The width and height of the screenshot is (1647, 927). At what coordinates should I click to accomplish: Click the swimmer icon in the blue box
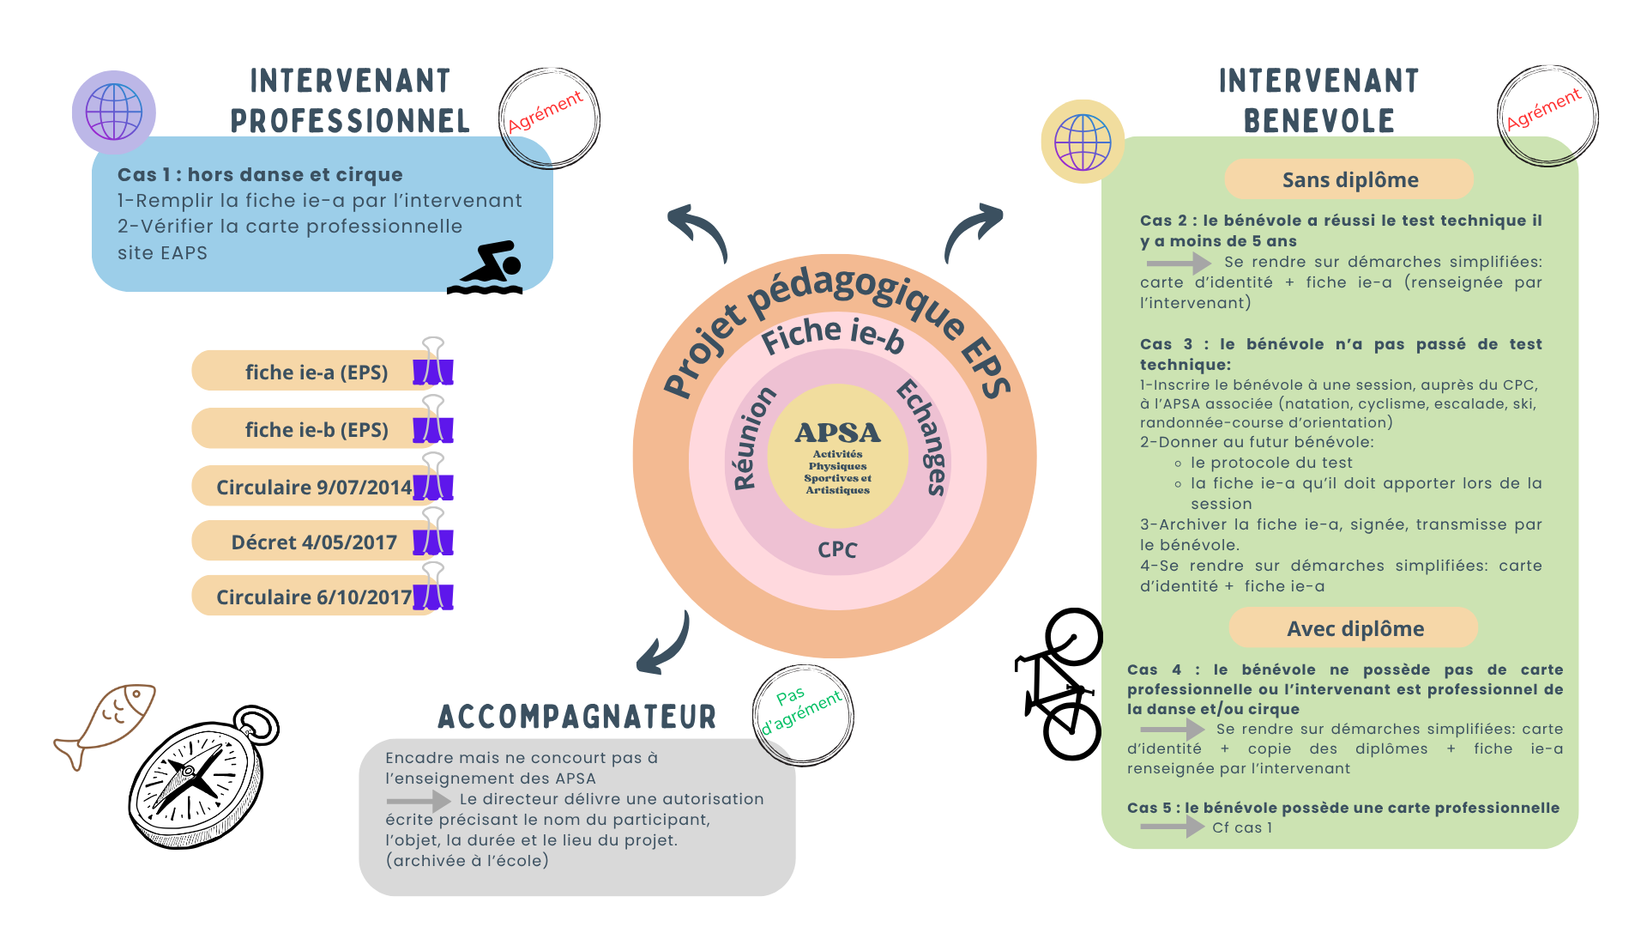coord(486,269)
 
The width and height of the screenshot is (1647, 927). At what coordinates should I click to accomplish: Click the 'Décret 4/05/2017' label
coord(314,542)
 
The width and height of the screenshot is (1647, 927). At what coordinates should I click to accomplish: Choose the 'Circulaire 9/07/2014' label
coord(314,488)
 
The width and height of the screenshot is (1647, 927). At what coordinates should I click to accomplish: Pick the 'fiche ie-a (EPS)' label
coord(316,373)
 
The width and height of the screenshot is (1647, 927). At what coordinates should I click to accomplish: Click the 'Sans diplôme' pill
coord(1349,179)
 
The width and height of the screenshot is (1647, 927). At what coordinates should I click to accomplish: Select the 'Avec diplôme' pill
coord(1354,628)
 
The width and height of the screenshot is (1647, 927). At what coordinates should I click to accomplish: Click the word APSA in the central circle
coord(837,433)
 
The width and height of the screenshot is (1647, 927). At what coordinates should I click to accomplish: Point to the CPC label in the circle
coord(837,550)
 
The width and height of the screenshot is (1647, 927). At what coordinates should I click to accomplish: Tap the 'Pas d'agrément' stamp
coord(803,715)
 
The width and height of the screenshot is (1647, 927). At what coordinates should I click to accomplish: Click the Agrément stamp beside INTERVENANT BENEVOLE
coord(1547,115)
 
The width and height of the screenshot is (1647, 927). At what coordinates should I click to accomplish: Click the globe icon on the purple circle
coord(114,112)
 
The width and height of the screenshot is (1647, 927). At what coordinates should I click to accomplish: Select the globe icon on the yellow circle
coord(1083,142)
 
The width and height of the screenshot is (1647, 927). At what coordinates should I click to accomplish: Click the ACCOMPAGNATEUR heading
coord(576,717)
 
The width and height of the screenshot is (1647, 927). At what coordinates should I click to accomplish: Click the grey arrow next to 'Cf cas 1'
coord(1172,827)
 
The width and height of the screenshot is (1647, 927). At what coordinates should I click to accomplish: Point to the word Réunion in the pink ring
coord(752,439)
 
